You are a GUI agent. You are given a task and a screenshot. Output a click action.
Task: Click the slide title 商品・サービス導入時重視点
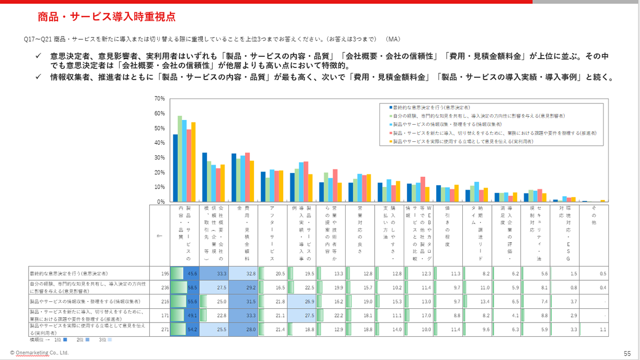pos(106,17)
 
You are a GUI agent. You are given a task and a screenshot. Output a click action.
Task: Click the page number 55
pos(627,353)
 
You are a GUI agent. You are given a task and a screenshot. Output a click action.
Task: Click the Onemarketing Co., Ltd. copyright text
pos(39,353)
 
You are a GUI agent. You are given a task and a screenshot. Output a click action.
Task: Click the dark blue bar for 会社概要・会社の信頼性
pos(205,177)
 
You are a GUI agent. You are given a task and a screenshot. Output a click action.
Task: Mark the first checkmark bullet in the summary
pos(38,57)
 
